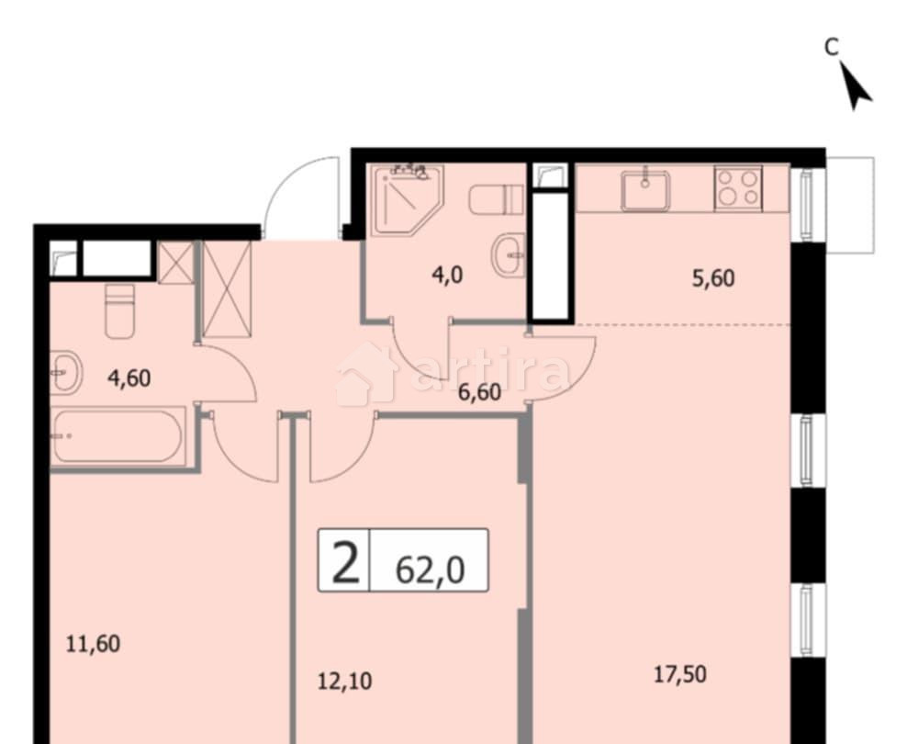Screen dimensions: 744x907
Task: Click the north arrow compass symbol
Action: coord(856,88)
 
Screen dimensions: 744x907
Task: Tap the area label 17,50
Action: coord(679,675)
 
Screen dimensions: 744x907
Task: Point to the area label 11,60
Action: coord(93,643)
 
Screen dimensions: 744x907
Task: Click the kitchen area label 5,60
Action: coord(712,278)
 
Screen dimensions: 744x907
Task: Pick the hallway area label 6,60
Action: coord(478,392)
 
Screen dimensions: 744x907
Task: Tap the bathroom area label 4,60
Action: coord(129,377)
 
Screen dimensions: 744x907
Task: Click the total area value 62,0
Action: coord(429,569)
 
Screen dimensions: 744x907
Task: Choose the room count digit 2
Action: coord(344,562)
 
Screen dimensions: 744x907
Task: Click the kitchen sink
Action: coord(644,190)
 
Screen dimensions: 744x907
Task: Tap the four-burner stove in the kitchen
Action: coord(738,188)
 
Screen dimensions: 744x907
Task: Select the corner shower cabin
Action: coord(409,195)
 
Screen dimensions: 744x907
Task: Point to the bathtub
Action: coord(118,436)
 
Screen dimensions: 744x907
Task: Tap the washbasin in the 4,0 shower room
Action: coord(508,254)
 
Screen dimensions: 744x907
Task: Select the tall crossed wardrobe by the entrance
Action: coord(226,288)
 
